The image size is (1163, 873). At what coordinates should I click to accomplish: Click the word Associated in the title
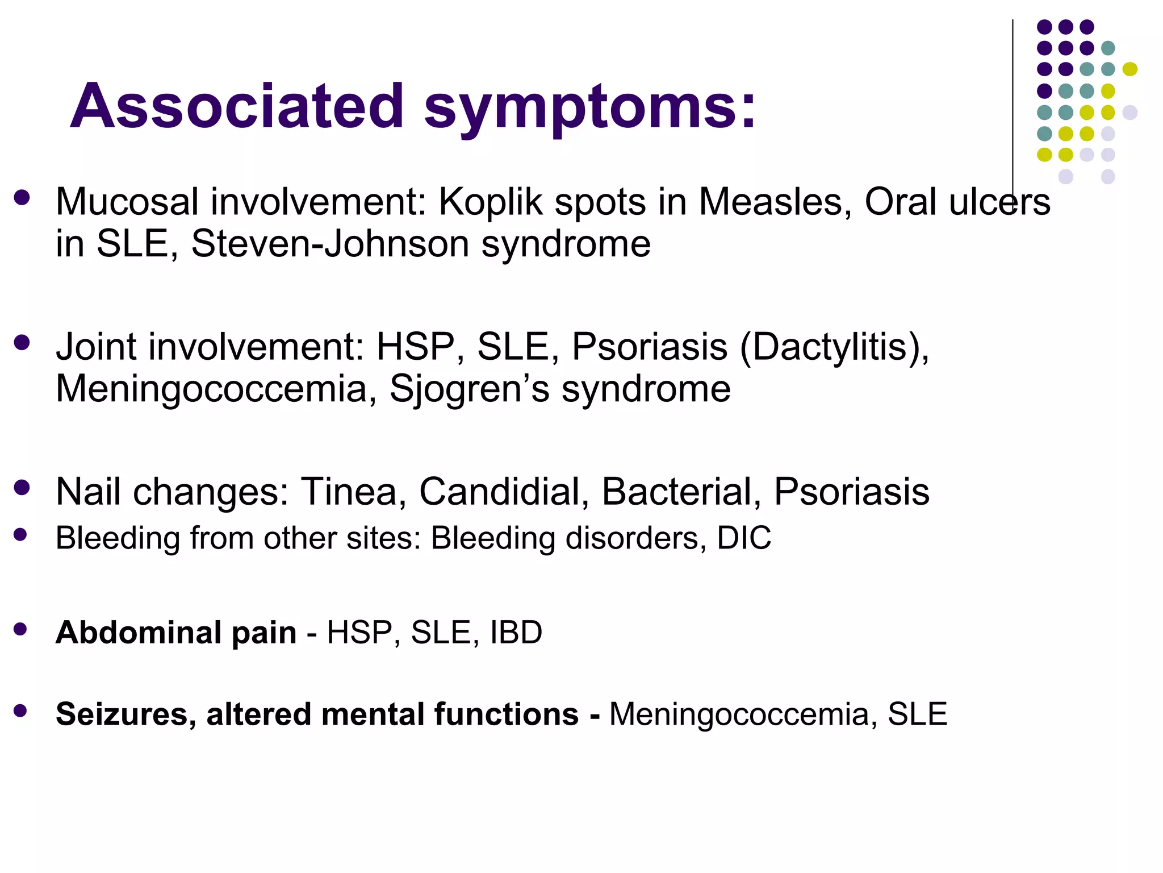[x=237, y=106]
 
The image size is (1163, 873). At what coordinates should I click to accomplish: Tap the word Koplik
[x=491, y=202]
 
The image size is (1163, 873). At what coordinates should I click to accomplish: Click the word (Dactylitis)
[x=834, y=347]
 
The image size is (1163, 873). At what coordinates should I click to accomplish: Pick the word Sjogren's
[x=469, y=389]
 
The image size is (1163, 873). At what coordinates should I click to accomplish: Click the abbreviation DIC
[x=744, y=538]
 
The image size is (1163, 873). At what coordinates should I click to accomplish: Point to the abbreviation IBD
[x=516, y=633]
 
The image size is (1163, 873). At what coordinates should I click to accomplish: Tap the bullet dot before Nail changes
[x=22, y=488]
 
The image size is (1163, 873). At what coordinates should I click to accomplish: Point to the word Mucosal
[x=127, y=202]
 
